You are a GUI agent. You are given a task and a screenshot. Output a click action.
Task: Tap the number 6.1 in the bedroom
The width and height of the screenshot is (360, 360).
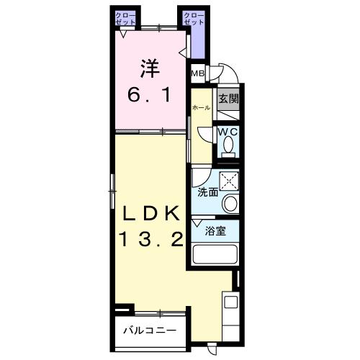point(149,94)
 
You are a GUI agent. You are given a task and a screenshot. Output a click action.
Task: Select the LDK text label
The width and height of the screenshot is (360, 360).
point(150,214)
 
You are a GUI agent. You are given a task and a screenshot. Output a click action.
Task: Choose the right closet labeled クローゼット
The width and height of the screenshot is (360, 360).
point(192,19)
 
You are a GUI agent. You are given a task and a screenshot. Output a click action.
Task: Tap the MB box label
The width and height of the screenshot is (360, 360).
point(197,73)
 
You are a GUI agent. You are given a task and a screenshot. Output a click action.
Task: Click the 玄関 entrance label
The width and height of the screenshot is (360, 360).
point(228,99)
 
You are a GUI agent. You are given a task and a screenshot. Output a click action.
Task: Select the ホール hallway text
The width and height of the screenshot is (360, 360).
point(201,108)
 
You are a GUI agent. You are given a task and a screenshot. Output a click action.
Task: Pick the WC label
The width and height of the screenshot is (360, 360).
point(228,132)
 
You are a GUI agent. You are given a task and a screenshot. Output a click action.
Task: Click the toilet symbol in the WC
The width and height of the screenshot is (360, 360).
point(228,146)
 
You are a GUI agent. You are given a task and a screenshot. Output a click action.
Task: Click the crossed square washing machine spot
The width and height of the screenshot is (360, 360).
point(230,180)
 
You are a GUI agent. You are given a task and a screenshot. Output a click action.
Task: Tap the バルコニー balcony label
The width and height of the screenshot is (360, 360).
point(149,332)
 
